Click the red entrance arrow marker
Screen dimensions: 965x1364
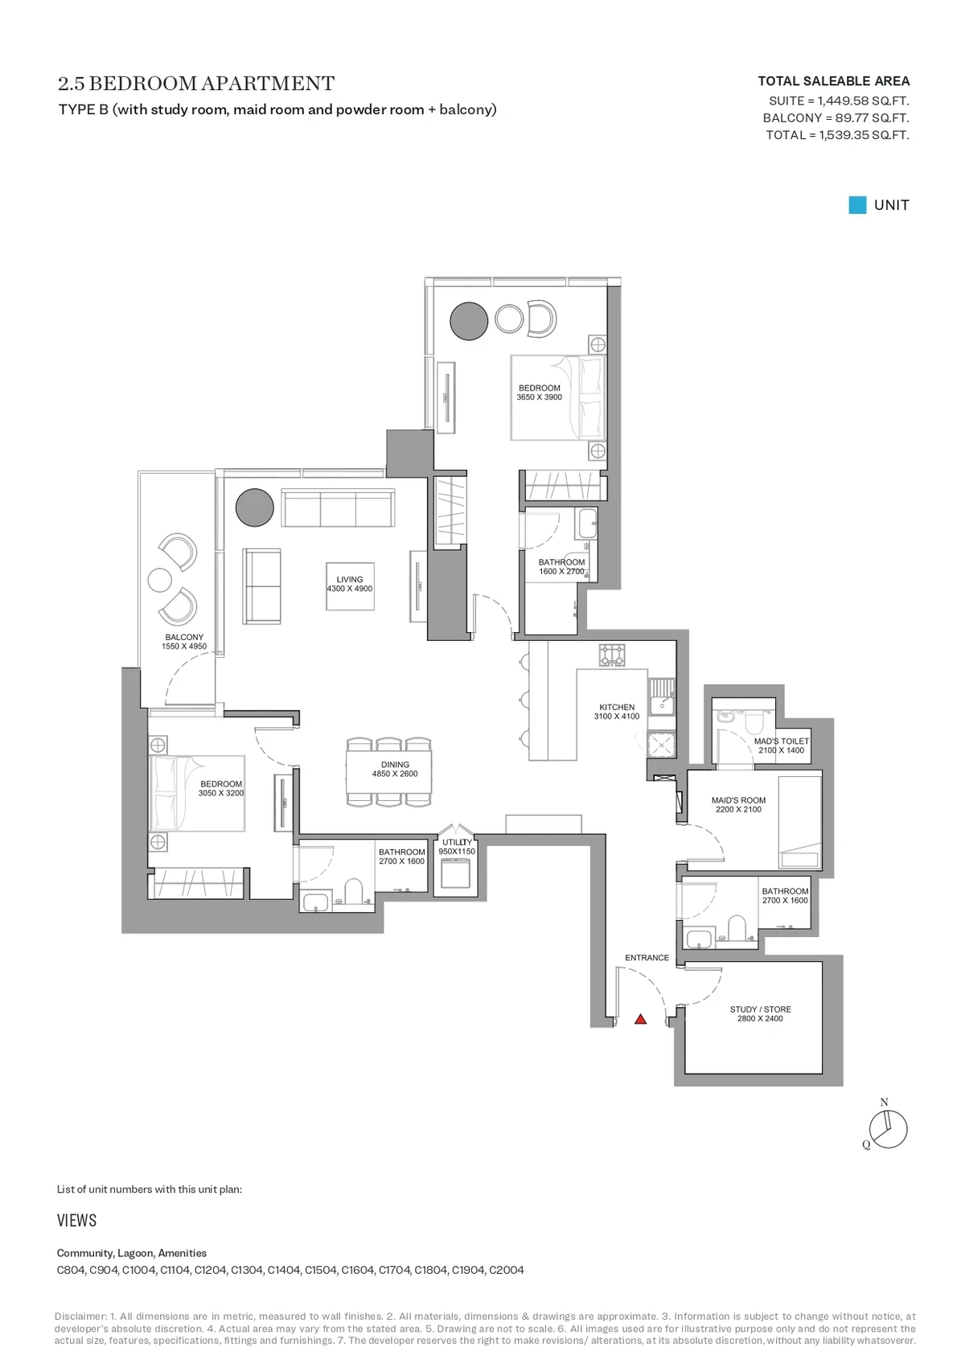(640, 1019)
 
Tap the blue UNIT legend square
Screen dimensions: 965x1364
(857, 204)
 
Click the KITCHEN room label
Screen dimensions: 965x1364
(617, 707)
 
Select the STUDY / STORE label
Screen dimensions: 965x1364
(761, 1009)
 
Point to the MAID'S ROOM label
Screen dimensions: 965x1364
(738, 800)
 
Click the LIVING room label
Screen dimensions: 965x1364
(350, 579)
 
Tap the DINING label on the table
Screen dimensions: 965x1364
(395, 764)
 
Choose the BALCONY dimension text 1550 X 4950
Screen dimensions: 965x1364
(184, 646)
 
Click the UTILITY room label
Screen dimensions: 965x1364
(457, 842)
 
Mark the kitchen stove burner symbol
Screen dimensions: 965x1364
(612, 655)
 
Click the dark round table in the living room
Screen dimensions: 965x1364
(254, 507)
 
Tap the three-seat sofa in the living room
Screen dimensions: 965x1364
(338, 507)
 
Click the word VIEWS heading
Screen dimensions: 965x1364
(76, 1220)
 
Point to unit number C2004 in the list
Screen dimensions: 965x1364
(507, 1270)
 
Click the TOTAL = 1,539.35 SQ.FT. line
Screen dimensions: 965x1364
(837, 134)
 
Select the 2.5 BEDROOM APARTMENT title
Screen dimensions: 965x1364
(196, 83)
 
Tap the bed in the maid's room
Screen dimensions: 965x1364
(800, 822)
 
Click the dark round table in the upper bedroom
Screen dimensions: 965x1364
(469, 321)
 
